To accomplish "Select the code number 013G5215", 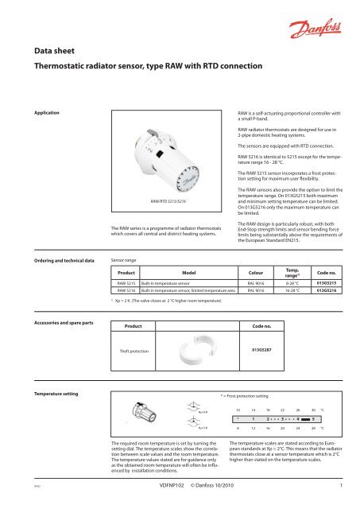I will pos(327,305).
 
